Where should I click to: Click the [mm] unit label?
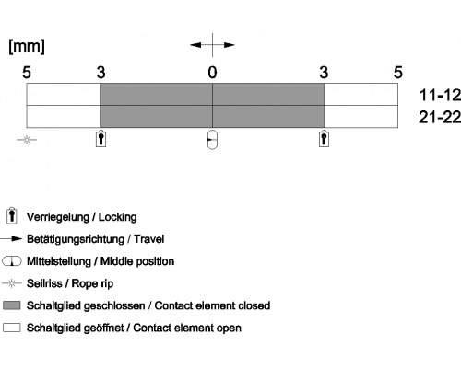tap(27, 46)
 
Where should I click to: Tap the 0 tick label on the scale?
tap(212, 73)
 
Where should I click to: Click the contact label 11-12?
tap(440, 95)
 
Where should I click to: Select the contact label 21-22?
tap(440, 117)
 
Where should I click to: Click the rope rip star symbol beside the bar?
tap(27, 140)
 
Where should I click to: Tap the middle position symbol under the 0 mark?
tap(212, 140)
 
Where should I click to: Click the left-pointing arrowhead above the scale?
tap(195, 45)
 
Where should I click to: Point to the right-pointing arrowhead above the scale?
tap(230, 45)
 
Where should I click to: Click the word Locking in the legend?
tap(117, 217)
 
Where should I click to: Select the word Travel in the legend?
tap(149, 239)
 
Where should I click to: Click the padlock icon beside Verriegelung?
tap(12, 216)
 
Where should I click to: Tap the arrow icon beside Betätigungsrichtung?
tap(11, 239)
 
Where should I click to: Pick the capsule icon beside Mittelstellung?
tap(12, 261)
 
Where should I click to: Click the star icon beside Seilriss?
tap(12, 283)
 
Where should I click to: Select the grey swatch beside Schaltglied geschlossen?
tap(12, 305)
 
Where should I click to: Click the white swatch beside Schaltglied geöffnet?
tap(12, 328)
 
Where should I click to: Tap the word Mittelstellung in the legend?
tap(59, 261)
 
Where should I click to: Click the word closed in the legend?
tap(254, 305)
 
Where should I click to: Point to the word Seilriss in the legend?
tap(44, 283)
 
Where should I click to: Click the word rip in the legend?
tap(107, 284)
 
